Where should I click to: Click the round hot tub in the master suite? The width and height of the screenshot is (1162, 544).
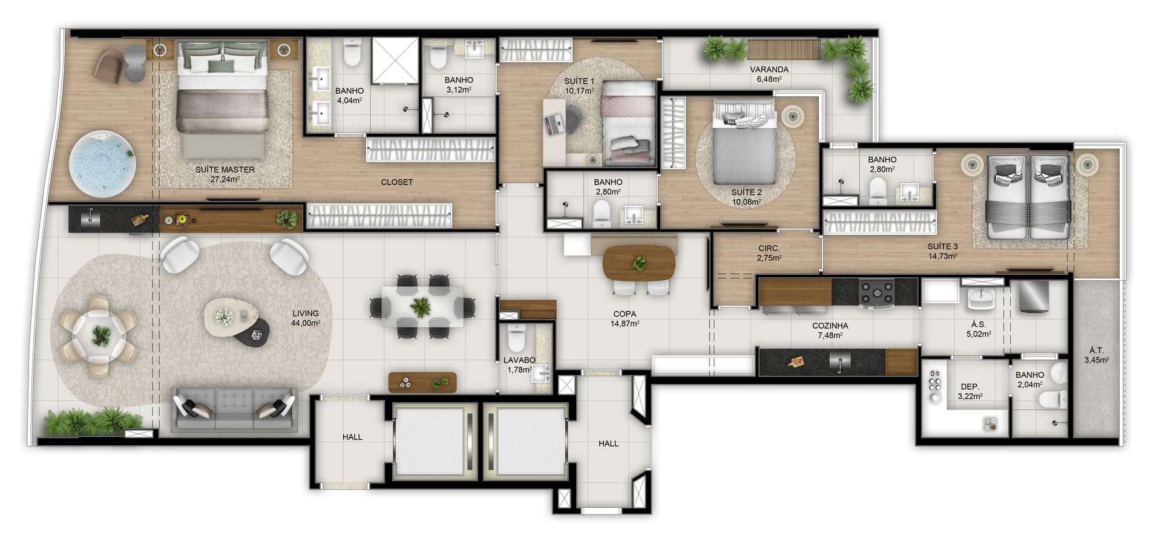point(102,165)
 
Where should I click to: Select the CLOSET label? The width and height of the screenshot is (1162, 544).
point(397,182)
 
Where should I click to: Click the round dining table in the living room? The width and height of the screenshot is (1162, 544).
point(99,335)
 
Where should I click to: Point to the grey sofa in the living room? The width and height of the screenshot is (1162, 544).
point(233,409)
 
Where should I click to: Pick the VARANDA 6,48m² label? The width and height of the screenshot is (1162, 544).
point(769,74)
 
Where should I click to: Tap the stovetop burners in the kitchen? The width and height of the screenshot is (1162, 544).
point(877,292)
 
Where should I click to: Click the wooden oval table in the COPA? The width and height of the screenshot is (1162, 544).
point(639,263)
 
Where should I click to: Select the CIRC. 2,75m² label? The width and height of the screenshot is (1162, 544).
point(769,253)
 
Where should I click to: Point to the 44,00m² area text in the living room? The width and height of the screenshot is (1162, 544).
point(306,323)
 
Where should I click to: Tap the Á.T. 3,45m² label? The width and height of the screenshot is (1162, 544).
point(1096,355)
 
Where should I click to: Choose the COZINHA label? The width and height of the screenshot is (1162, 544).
point(830,326)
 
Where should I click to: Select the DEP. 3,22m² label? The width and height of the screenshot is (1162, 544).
point(970,392)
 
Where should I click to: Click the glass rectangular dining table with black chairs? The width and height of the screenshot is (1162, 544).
point(422,307)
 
